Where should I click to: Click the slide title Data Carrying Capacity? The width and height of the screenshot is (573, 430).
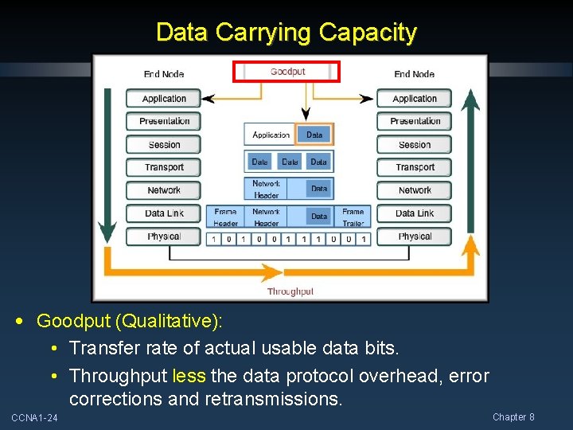click(x=286, y=33)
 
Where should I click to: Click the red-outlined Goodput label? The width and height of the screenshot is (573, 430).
click(x=286, y=72)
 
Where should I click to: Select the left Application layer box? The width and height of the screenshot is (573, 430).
click(x=164, y=99)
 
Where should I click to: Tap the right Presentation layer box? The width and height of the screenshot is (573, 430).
click(x=415, y=121)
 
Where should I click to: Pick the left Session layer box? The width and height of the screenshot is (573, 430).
click(x=164, y=145)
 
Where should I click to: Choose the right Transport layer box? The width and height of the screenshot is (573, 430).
click(x=415, y=167)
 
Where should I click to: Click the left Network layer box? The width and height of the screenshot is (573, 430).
click(x=164, y=190)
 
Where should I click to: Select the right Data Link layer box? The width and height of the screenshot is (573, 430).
click(x=415, y=213)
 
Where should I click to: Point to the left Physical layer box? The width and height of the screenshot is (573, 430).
click(x=164, y=236)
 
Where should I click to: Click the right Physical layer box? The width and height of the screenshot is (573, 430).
click(x=415, y=236)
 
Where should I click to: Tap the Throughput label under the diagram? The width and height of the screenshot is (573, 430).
click(x=290, y=291)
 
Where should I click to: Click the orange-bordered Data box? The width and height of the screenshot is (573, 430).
click(x=314, y=135)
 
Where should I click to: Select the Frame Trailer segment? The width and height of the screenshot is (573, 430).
click(x=353, y=217)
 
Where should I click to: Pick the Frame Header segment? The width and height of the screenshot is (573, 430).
click(x=225, y=217)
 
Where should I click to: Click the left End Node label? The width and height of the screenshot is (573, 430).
click(x=164, y=74)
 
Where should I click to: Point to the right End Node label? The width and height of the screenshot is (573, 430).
click(x=415, y=74)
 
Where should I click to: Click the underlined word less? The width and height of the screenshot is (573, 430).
click(x=189, y=376)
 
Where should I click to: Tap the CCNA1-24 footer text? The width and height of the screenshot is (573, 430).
click(x=34, y=418)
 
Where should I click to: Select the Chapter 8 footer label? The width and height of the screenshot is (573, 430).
click(x=513, y=417)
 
